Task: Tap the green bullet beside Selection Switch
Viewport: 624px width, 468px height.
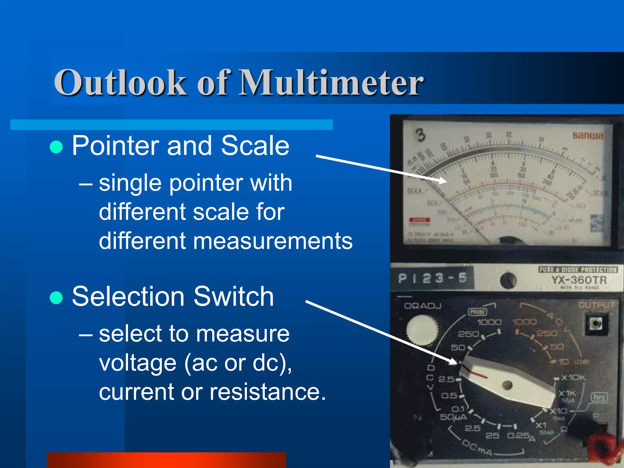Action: click(56, 298)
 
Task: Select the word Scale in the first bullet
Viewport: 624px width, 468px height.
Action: click(255, 146)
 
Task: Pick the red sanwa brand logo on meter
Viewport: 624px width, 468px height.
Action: click(587, 135)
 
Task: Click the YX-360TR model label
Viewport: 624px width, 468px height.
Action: click(579, 280)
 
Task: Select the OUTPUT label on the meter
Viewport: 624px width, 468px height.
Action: click(596, 305)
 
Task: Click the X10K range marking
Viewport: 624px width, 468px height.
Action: click(573, 378)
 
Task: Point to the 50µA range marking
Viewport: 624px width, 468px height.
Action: click(453, 417)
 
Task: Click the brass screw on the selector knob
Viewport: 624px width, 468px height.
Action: click(507, 385)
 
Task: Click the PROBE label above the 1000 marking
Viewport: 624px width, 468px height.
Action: click(477, 312)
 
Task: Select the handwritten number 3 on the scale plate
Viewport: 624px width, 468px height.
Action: click(420, 135)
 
